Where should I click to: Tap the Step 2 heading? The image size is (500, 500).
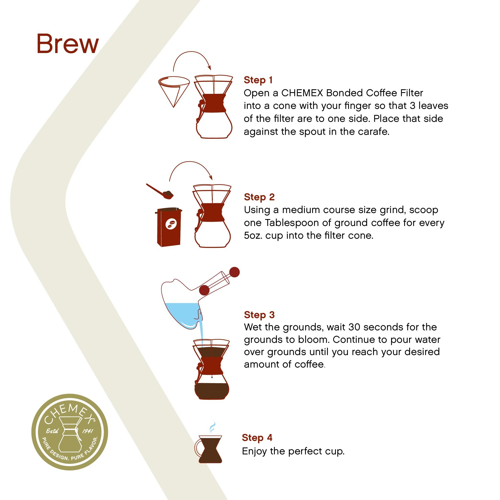click(259, 197)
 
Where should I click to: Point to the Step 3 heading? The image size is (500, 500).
click(259, 315)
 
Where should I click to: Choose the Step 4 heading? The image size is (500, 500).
click(257, 437)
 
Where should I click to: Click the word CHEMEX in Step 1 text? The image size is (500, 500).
click(302, 93)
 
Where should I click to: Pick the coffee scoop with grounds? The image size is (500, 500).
click(160, 191)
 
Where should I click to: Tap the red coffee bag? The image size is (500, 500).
click(169, 227)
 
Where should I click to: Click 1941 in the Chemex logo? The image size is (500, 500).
click(88, 431)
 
